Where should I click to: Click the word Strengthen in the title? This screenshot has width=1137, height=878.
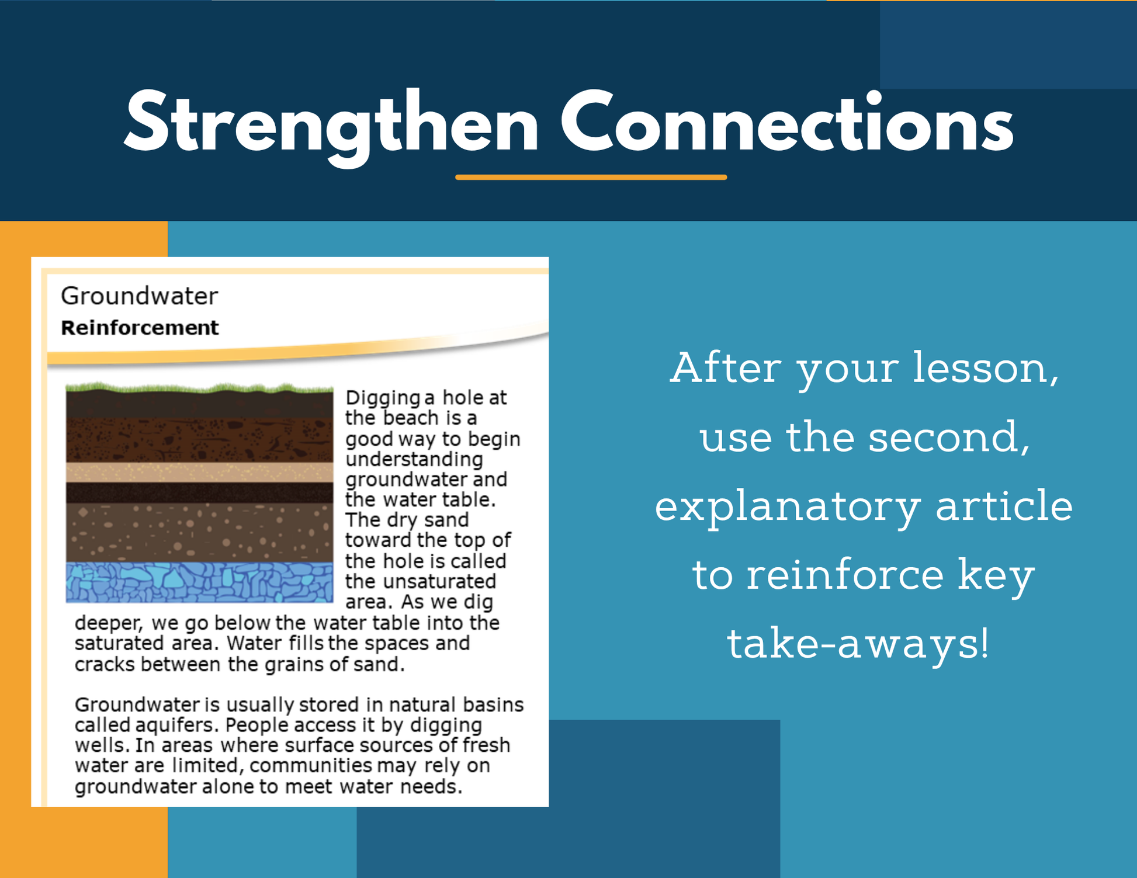pyautogui.click(x=331, y=124)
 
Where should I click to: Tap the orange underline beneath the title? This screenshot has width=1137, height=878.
pyautogui.click(x=591, y=177)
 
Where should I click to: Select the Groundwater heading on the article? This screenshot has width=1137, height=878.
pyautogui.click(x=139, y=296)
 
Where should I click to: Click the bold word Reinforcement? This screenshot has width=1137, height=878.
pyautogui.click(x=140, y=328)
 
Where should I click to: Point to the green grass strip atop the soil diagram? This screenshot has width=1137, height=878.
pyautogui.click(x=199, y=388)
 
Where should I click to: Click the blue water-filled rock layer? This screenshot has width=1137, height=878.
pyautogui.click(x=199, y=582)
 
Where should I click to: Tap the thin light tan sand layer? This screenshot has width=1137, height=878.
pyautogui.click(x=199, y=472)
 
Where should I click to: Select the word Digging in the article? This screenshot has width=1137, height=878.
pyautogui.click(x=383, y=398)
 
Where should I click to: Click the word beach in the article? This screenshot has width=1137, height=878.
pyautogui.click(x=411, y=418)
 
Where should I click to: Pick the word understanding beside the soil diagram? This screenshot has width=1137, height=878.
pyautogui.click(x=414, y=460)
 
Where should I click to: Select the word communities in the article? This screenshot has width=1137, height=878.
pyautogui.click(x=311, y=765)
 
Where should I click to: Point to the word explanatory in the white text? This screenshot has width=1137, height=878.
pyautogui.click(x=787, y=506)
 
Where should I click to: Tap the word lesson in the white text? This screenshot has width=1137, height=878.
pyautogui.click(x=985, y=368)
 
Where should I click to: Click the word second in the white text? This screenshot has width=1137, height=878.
pyautogui.click(x=949, y=437)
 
